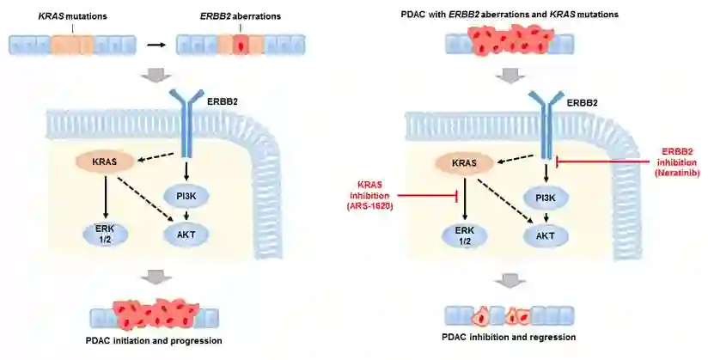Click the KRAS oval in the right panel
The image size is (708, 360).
click(464, 161)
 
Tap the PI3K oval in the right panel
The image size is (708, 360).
click(546, 197)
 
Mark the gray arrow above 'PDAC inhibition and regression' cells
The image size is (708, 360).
click(510, 280)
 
